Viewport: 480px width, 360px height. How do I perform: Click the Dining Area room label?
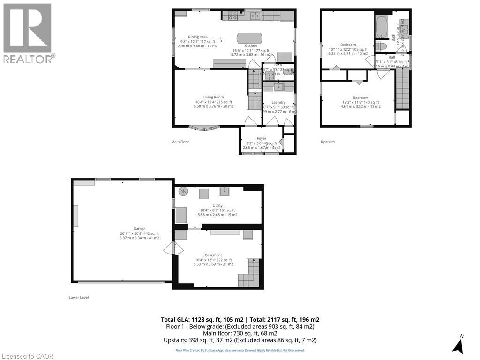[x=198, y=37]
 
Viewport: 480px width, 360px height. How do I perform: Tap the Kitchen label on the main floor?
[x=251, y=45]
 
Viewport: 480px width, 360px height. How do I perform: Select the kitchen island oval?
[x=250, y=37]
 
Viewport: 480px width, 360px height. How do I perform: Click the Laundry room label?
[x=278, y=102]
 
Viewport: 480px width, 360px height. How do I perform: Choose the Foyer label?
[x=262, y=138]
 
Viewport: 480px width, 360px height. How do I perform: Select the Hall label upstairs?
[x=391, y=57]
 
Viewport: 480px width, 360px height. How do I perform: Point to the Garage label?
[x=139, y=229]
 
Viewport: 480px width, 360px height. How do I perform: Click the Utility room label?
[x=217, y=206]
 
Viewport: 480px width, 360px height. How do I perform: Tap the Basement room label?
[x=213, y=255]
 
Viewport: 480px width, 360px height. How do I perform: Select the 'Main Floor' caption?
[x=180, y=142]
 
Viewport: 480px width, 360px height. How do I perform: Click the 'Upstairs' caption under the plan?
[x=328, y=142]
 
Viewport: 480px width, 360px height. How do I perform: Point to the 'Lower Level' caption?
[x=79, y=297]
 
